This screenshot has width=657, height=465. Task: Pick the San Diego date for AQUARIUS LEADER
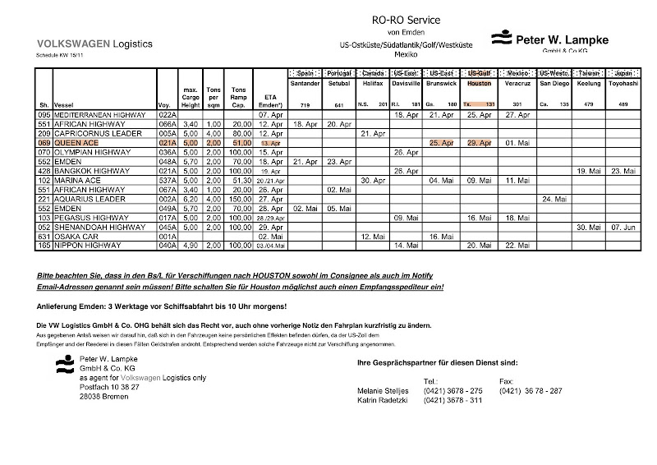point(554,199)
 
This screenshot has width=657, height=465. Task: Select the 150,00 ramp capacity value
point(239,199)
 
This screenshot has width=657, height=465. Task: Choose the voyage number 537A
point(168,180)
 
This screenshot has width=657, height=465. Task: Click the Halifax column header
point(373,84)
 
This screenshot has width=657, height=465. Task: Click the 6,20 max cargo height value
point(190,199)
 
